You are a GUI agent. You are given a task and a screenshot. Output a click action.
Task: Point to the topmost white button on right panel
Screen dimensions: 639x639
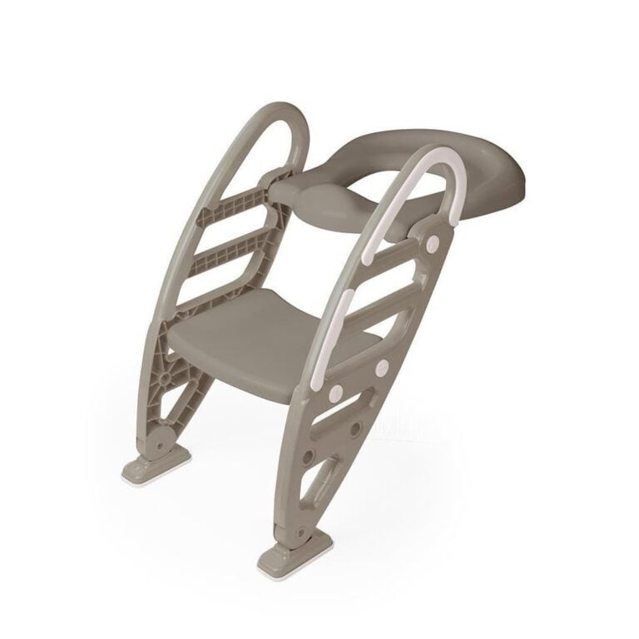[x=432, y=242]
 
